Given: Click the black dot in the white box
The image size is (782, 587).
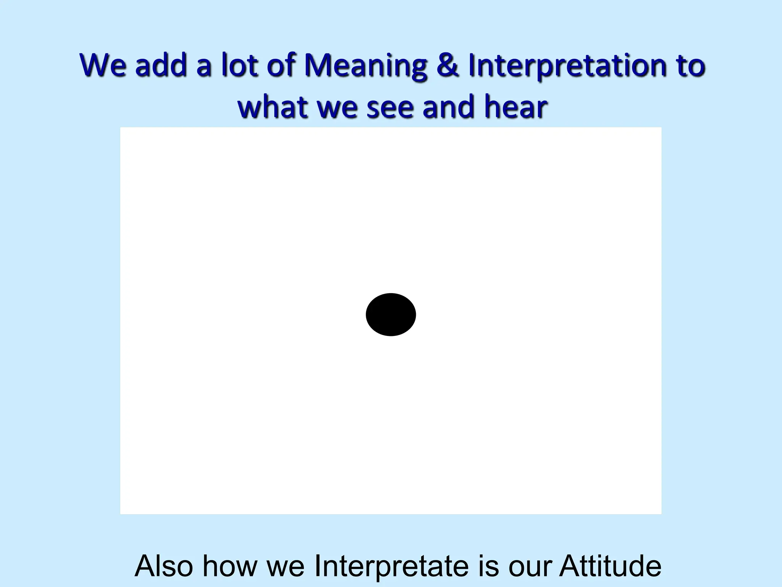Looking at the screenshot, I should pyautogui.click(x=391, y=315).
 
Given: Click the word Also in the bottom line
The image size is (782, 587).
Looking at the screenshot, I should pyautogui.click(x=163, y=566).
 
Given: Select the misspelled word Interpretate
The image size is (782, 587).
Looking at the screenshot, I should pyautogui.click(x=391, y=566).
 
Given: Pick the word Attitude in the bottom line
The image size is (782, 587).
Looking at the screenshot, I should pyautogui.click(x=610, y=566).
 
